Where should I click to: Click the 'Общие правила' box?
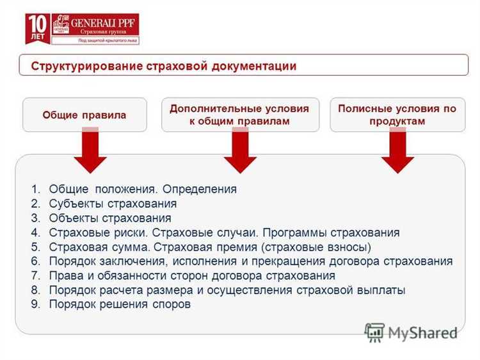pos(84,115)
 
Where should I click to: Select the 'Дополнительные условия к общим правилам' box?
pos(239,115)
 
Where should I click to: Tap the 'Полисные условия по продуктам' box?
pos(397,115)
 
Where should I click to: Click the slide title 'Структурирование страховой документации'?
pos(164,66)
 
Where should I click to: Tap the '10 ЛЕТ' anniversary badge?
pos(36,29)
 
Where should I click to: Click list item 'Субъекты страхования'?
pos(113,204)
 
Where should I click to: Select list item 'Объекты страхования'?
pos(109,218)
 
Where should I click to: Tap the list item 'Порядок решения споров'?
pos(119,305)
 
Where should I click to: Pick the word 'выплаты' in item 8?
pos(384,290)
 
